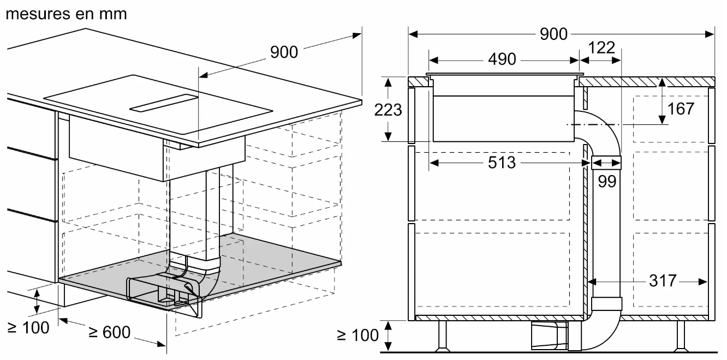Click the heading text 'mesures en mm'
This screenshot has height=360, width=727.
pyautogui.click(x=66, y=13)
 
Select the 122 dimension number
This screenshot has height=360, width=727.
pyautogui.click(x=601, y=47)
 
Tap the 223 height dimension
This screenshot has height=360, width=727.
pyautogui.click(x=388, y=110)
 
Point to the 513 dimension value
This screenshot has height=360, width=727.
pyautogui.click(x=501, y=162)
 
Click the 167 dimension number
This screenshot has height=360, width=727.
pyautogui.click(x=681, y=108)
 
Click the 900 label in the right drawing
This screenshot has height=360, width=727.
pyautogui.click(x=553, y=34)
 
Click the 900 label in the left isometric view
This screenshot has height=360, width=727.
pyautogui.click(x=284, y=52)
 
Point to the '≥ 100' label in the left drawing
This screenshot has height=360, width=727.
pyautogui.click(x=28, y=327)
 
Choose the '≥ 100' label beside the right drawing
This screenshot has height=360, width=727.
pyautogui.click(x=358, y=335)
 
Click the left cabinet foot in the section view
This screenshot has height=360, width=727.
pyautogui.click(x=441, y=335)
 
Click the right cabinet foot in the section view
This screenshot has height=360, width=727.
pyautogui.click(x=681, y=335)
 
